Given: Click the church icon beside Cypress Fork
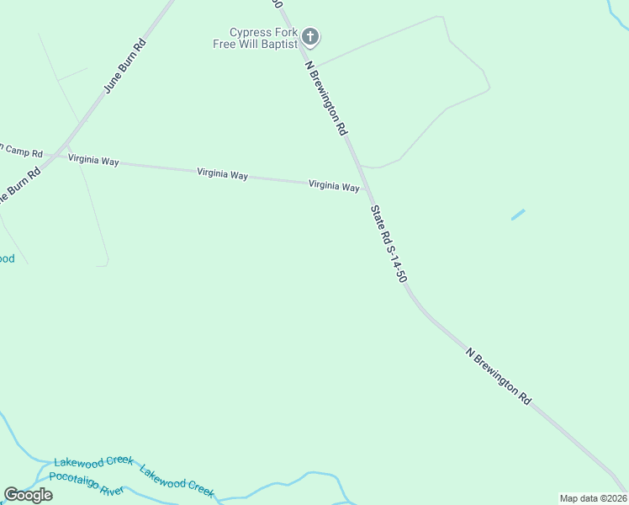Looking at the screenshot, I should tap(310, 36).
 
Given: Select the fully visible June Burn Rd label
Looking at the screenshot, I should tap(124, 65).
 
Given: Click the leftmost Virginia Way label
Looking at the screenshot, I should tap(93, 159).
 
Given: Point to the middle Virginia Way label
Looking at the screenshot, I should tap(222, 174).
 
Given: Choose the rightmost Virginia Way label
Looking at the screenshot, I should tap(334, 185).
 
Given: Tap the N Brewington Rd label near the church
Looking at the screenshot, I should tap(326, 98).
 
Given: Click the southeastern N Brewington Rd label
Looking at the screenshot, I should tap(499, 375).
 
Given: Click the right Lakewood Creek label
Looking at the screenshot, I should tap(177, 481).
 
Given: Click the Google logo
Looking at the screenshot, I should tap(28, 495).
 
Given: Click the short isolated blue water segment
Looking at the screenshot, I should tap(518, 215).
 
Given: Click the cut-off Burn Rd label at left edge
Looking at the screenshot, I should tap(18, 186).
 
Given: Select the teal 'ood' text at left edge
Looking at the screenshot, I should tap(7, 258).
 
